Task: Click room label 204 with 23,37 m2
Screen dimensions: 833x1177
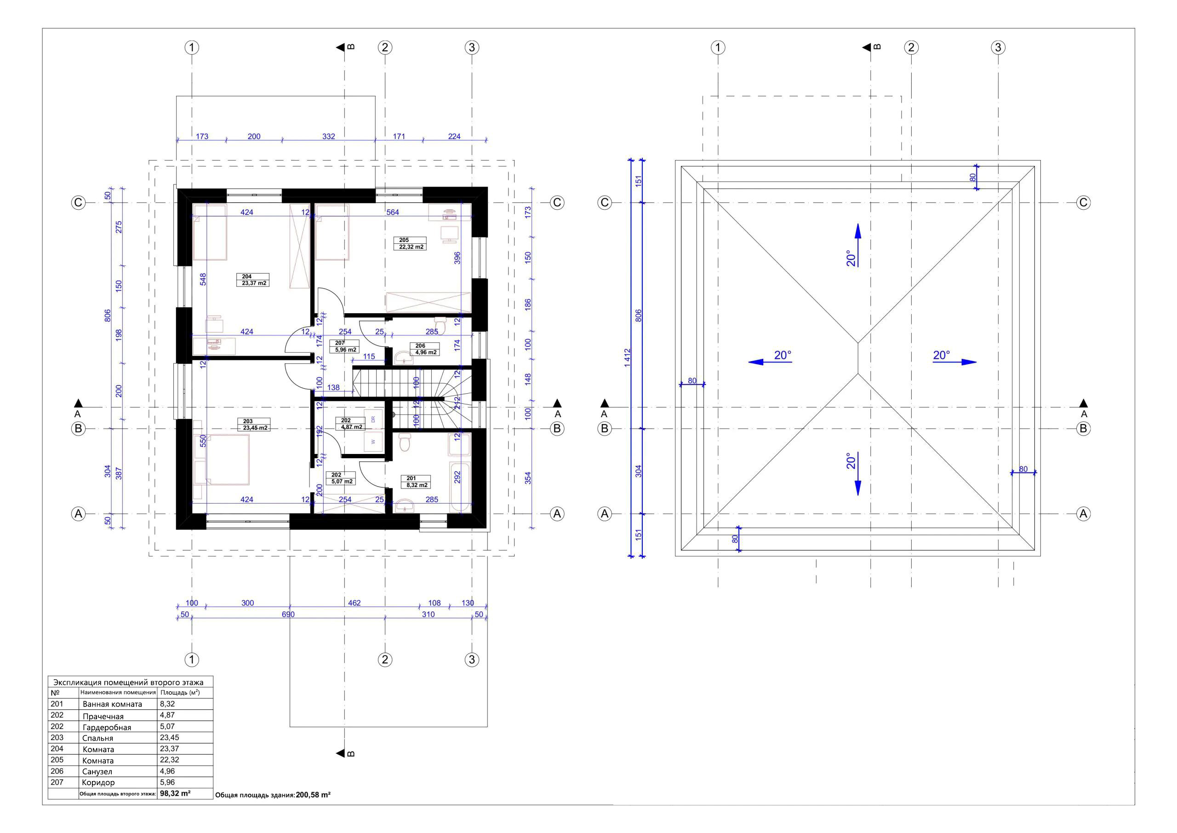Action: tap(253, 280)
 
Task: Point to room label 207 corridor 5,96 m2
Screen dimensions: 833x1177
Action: tap(345, 347)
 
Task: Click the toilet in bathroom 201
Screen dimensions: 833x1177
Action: tap(405, 442)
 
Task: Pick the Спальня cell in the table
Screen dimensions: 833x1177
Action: tap(97, 738)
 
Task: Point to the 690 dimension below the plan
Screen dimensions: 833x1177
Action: tap(288, 615)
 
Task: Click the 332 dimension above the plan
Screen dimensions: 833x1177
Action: tap(329, 137)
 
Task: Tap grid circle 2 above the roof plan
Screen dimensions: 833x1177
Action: tap(911, 48)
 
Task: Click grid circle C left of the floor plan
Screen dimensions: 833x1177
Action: tap(78, 202)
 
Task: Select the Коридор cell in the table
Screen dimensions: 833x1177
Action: tap(98, 783)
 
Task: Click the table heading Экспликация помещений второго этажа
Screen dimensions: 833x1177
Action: tap(128, 682)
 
